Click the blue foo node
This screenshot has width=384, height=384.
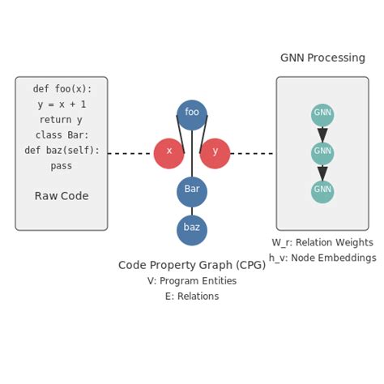coord(192,114)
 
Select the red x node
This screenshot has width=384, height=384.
coord(169,153)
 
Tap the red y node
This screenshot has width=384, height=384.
coord(215,153)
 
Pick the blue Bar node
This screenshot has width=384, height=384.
coord(192,191)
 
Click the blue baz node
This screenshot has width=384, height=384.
coord(192,230)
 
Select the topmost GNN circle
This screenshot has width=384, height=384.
coord(322,114)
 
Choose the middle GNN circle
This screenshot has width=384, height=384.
coord(322,153)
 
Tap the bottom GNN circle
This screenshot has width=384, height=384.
coord(322,192)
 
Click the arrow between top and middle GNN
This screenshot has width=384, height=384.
coord(322,134)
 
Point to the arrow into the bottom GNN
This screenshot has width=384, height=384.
coord(322,173)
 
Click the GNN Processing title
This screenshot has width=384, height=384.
coord(322,58)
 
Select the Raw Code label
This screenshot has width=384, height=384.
coord(62,196)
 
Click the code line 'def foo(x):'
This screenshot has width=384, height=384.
coord(62,89)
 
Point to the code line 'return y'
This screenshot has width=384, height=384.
coord(62,120)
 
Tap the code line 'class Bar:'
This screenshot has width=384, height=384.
coord(62,134)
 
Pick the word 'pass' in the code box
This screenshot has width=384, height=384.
coord(62,165)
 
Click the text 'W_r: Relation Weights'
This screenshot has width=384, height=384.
coord(322,242)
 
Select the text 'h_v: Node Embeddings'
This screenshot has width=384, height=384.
coord(322,258)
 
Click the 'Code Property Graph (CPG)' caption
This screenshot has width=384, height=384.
coord(192,265)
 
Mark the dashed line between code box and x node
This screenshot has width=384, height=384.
coord(130,153)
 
